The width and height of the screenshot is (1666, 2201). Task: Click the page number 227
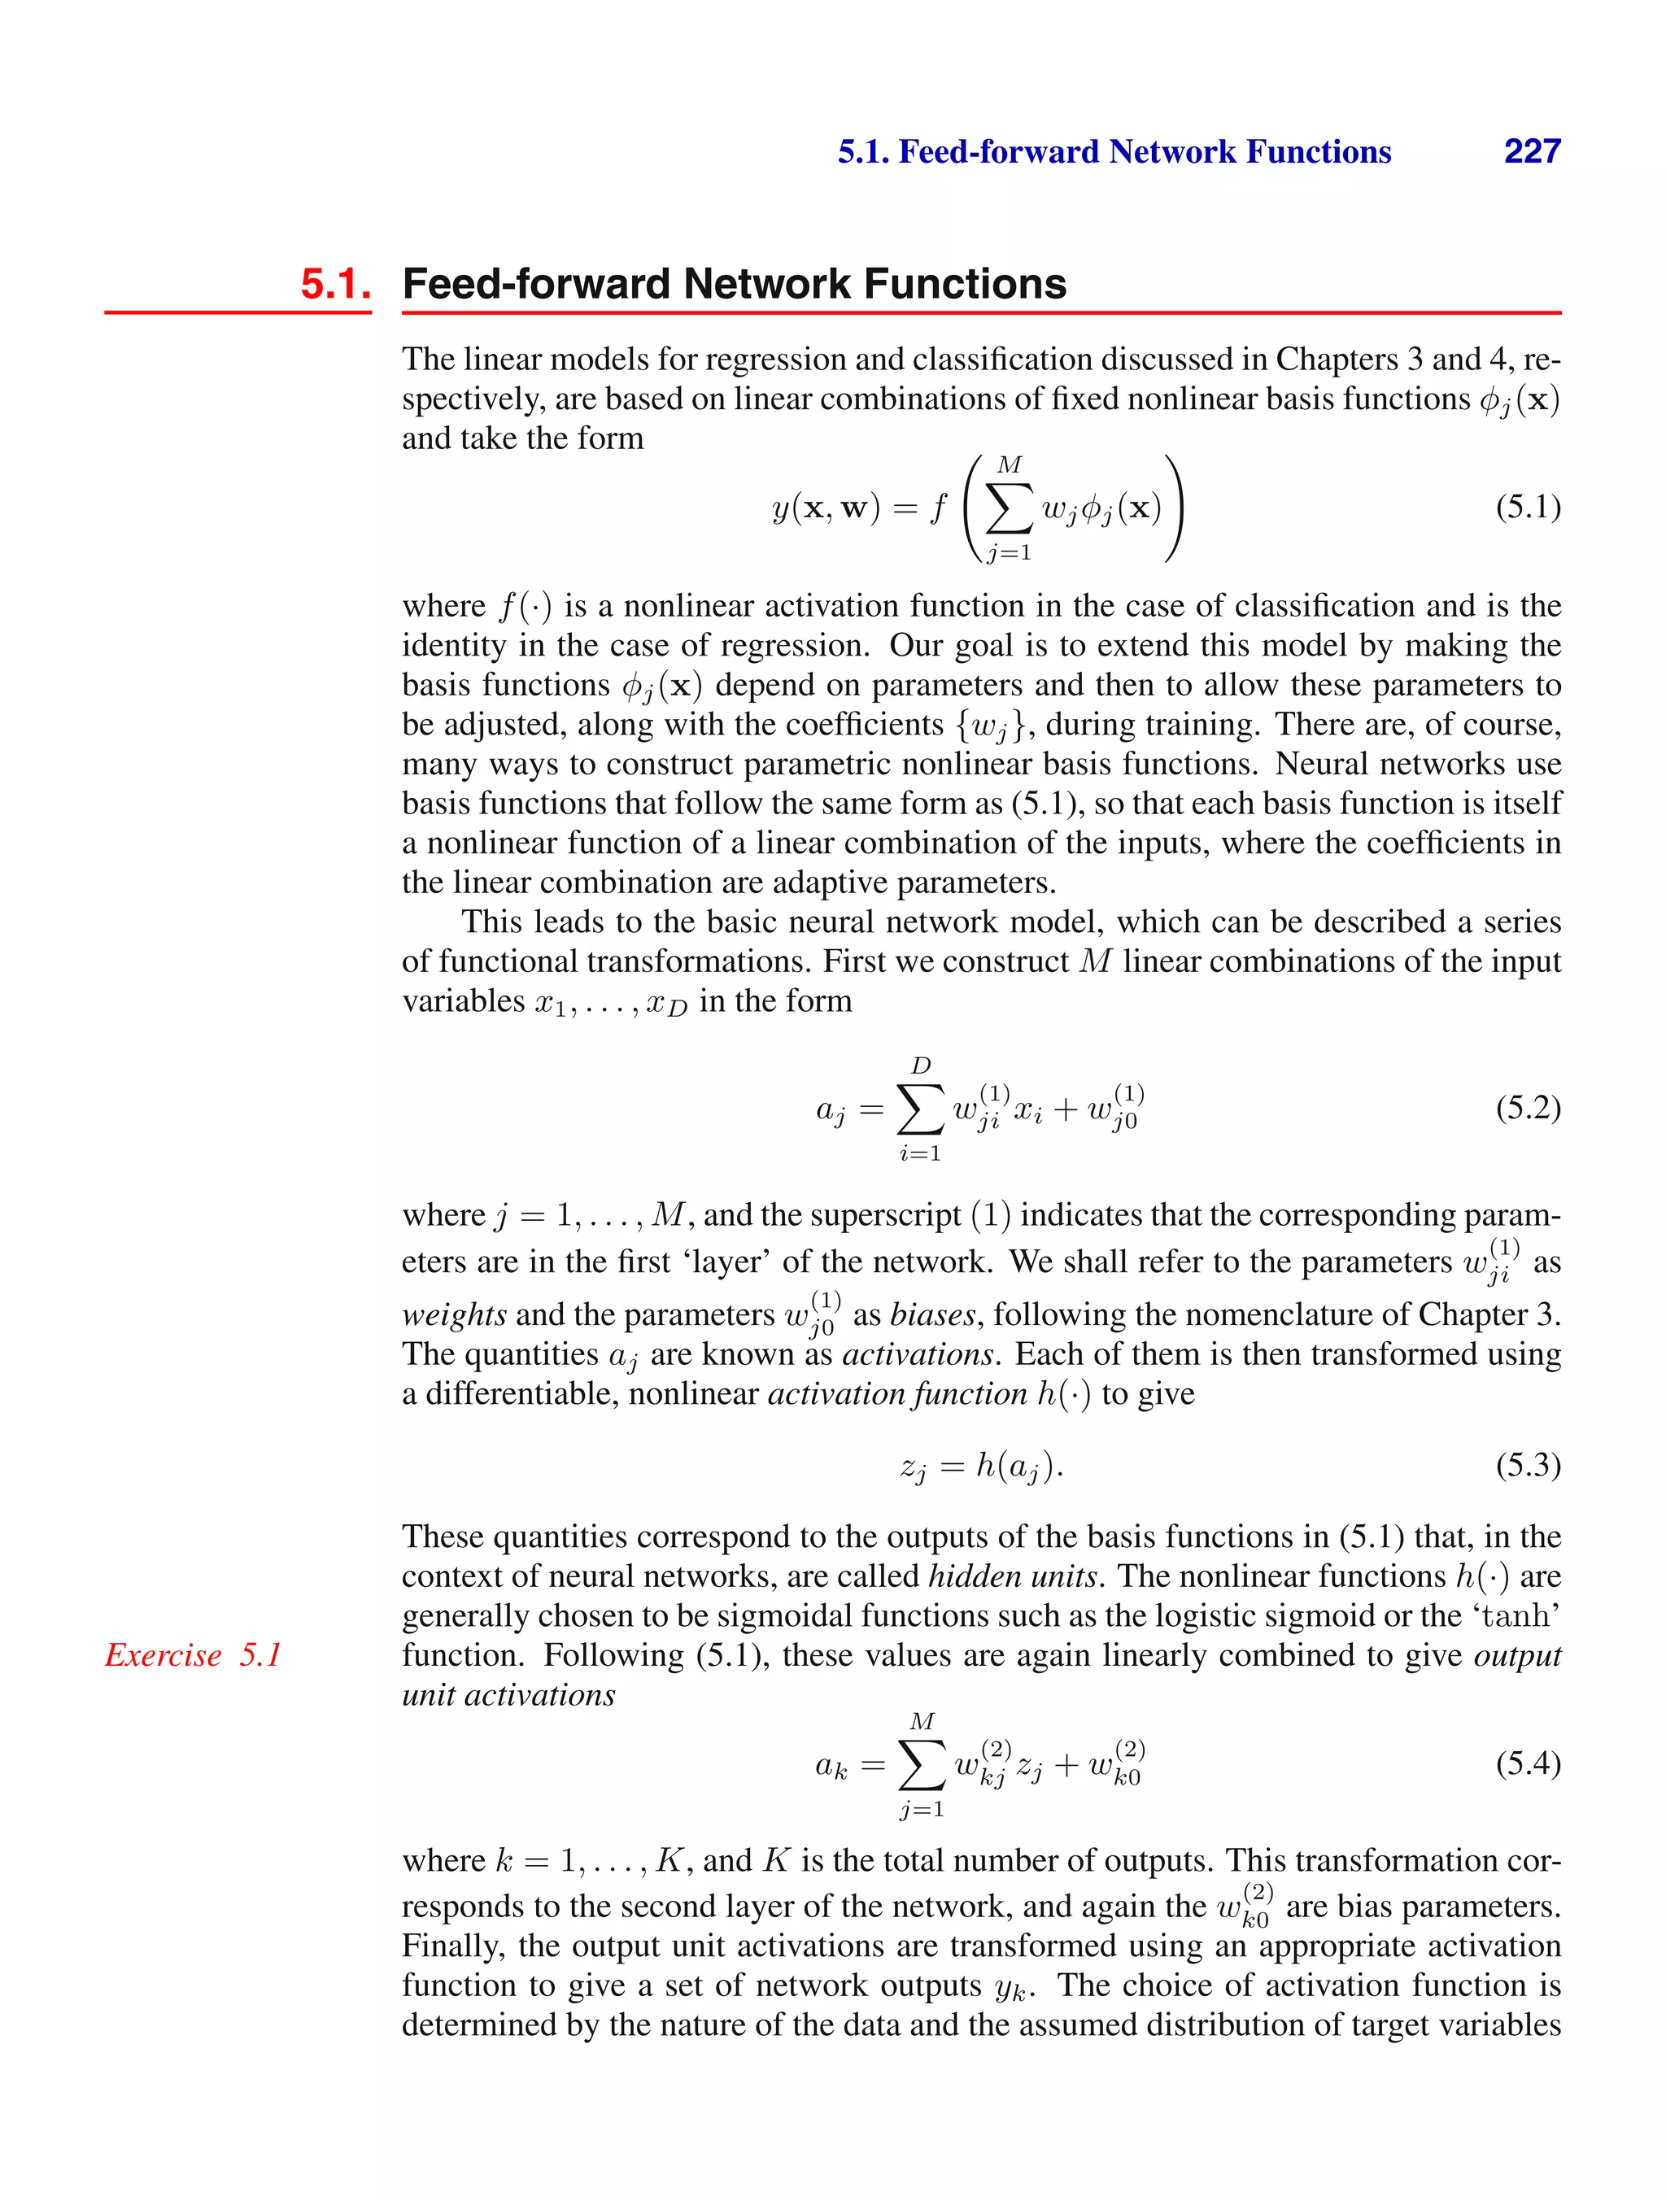[1532, 151]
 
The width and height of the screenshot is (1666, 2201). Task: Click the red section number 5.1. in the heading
[335, 285]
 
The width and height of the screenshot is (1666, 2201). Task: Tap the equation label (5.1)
[1528, 508]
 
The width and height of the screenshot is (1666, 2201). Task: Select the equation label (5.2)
[1528, 1108]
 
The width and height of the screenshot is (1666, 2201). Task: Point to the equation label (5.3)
[1528, 1465]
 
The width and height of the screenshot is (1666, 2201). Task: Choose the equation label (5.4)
[1528, 1763]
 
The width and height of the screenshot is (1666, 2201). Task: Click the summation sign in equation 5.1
[1008, 509]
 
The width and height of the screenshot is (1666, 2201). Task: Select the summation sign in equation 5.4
[922, 1766]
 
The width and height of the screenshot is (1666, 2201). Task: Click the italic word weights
[454, 1314]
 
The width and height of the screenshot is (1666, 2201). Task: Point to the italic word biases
[932, 1314]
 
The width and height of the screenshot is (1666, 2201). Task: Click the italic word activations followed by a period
[918, 1354]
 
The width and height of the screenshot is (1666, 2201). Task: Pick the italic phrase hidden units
[1012, 1576]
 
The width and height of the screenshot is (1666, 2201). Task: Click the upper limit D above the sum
[921, 1066]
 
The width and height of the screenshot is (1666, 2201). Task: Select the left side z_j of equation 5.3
[913, 1467]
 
